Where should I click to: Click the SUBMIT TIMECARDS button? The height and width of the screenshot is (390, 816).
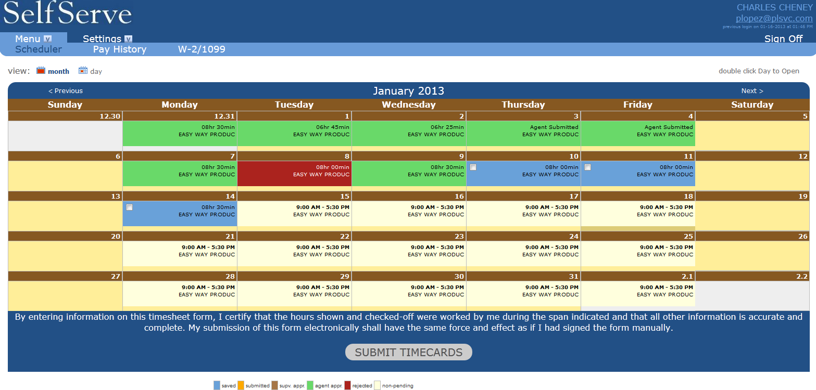pos(408,352)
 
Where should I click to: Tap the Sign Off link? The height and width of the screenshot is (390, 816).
pos(783,39)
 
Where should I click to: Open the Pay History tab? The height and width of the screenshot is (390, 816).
pos(119,49)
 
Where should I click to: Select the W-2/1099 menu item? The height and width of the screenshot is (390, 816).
pos(202,49)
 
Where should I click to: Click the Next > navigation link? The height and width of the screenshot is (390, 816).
pos(752,91)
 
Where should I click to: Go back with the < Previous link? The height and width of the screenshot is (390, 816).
pos(66,91)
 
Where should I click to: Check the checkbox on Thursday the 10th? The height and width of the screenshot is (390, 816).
pos(473,167)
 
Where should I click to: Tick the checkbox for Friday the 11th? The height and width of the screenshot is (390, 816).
pos(587,167)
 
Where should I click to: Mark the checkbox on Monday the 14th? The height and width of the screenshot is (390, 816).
pos(129,207)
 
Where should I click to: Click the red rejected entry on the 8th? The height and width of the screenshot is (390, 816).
pos(294,174)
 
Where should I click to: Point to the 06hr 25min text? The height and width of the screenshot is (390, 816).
pos(447,127)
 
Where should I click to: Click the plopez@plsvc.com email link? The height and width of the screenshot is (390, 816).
pos(774,18)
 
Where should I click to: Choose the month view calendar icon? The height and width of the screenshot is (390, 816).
pos(41,71)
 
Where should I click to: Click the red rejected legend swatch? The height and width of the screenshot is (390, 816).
pos(347,385)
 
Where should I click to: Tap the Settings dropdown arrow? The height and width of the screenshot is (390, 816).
pos(128,39)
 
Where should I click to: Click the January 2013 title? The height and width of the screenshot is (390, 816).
pos(408,91)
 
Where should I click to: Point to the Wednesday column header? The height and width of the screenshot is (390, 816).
pos(408,105)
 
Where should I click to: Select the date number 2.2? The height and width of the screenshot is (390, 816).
pos(802,277)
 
